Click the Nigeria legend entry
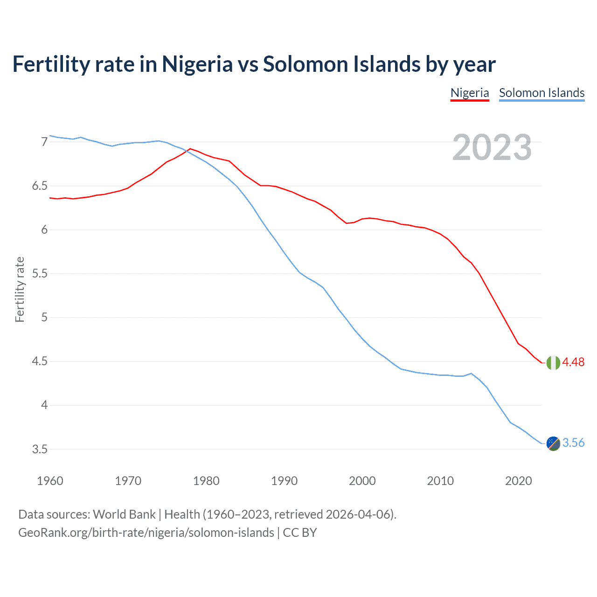point(470,93)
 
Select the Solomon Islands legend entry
point(541,93)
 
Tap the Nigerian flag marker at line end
point(553,362)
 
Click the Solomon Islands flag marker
point(553,443)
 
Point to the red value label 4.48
point(573,362)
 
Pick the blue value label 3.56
point(573,443)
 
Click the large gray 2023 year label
point(492,147)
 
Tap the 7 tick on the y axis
point(44,142)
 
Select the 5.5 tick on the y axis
point(40,273)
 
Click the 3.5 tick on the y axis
point(40,450)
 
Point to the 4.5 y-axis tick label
point(40,361)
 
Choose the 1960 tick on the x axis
point(50,481)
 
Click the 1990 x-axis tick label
point(284,481)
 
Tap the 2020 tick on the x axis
point(518,481)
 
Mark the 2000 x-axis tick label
point(362,481)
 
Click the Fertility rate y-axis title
point(20,289)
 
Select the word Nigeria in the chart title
point(197,64)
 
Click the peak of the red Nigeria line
point(190,149)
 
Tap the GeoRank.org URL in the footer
point(146,533)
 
